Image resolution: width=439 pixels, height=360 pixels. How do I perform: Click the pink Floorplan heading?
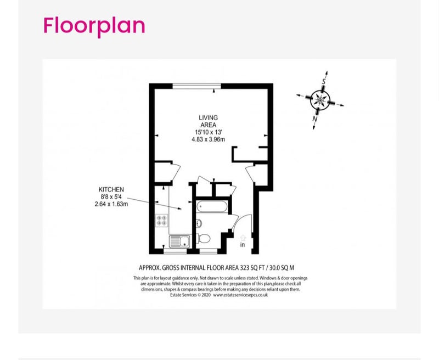coord(94,26)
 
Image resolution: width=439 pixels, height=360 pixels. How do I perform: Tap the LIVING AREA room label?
coord(209,121)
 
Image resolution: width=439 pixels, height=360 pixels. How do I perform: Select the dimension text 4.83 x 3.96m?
coord(209,139)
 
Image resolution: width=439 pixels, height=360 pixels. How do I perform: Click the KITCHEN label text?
coord(111,189)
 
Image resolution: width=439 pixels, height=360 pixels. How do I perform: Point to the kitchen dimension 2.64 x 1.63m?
coord(111,204)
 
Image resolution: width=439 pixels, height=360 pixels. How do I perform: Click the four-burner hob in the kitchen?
coord(161,220)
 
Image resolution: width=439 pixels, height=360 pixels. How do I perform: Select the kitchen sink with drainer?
coord(180,241)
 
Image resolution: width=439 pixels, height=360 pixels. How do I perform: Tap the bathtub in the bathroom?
coord(212,207)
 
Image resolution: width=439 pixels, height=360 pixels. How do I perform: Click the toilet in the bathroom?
coord(204,239)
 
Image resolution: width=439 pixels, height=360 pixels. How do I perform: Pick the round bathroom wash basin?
coord(199,223)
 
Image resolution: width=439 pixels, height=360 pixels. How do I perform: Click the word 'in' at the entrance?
coord(243,245)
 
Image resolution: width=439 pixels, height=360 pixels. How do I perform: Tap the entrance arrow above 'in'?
coord(243,238)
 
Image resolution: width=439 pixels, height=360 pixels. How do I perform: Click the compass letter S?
coord(324,81)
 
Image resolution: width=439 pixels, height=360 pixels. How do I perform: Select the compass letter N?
coord(315,119)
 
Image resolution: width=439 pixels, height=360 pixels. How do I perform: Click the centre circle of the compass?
coord(320,100)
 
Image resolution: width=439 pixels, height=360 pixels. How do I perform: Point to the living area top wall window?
coord(197,86)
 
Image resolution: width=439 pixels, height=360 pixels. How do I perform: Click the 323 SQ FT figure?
coord(248,268)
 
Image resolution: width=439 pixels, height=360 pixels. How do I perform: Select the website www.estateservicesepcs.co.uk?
coord(240,295)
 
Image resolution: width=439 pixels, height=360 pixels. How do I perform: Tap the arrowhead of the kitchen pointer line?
coord(180,209)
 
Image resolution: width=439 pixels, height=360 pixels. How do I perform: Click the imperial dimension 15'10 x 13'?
coord(209,132)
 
